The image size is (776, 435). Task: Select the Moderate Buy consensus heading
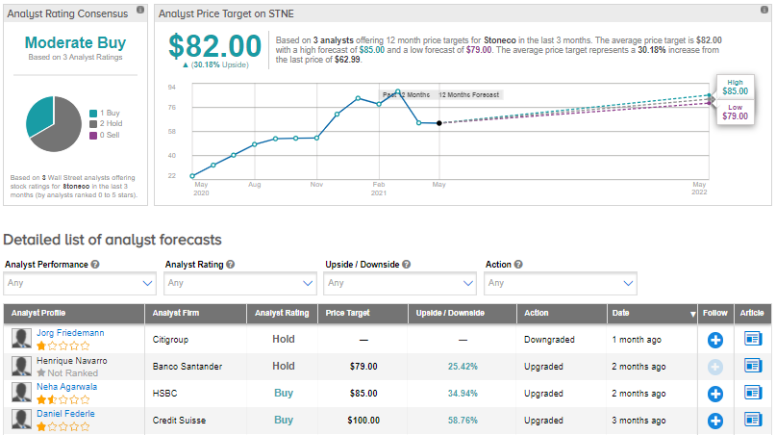pyautogui.click(x=75, y=42)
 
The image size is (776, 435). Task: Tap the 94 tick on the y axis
pyautogui.click(x=171, y=87)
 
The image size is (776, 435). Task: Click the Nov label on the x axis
pyautogui.click(x=316, y=182)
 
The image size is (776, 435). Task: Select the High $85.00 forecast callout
pyautogui.click(x=735, y=87)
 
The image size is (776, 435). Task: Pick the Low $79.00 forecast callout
pyautogui.click(x=735, y=111)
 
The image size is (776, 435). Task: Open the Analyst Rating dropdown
pyautogui.click(x=239, y=283)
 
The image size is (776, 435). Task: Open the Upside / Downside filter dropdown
pyautogui.click(x=400, y=283)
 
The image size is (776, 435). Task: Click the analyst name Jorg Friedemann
pyautogui.click(x=70, y=333)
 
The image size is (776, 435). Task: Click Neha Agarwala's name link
pyautogui.click(x=67, y=387)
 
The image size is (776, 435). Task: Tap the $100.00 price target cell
pyautogui.click(x=363, y=421)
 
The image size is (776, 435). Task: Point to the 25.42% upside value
pyautogui.click(x=463, y=367)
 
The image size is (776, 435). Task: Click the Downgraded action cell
pyautogui.click(x=550, y=340)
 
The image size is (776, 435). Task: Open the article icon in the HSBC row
pyautogui.click(x=752, y=393)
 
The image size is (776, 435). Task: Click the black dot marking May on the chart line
pyautogui.click(x=438, y=123)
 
